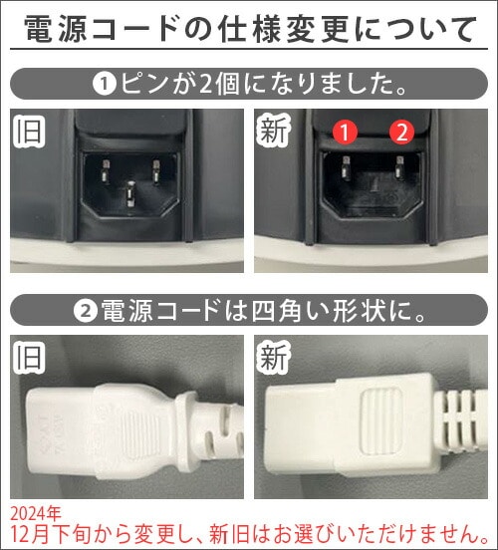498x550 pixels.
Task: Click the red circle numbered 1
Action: [x=345, y=133]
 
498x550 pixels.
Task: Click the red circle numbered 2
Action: [x=402, y=133]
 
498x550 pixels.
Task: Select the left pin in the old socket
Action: [x=106, y=171]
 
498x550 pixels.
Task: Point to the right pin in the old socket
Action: [x=155, y=171]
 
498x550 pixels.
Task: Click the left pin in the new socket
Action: [x=347, y=167]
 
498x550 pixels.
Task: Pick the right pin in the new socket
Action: [x=399, y=167]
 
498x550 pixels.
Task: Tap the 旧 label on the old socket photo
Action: [x=30, y=132]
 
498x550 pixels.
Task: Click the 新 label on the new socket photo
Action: [x=273, y=132]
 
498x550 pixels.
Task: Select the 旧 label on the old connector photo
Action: [x=30, y=358]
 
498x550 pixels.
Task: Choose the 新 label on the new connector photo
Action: [x=273, y=358]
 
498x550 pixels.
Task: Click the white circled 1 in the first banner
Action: [x=105, y=84]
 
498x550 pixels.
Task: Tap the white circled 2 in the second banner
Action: [x=86, y=311]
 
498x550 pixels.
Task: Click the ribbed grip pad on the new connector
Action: [x=381, y=420]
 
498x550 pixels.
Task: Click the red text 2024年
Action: [x=36, y=514]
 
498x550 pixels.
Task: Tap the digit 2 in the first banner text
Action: [x=205, y=85]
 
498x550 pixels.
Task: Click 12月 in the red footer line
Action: [x=32, y=534]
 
